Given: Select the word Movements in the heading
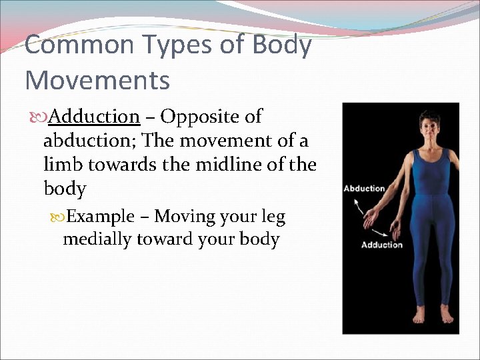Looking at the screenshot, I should (x=97, y=81).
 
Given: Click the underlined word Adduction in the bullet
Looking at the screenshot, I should (x=94, y=117).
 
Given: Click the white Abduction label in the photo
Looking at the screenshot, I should (x=364, y=189).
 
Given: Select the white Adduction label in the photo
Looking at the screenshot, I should (x=381, y=245).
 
